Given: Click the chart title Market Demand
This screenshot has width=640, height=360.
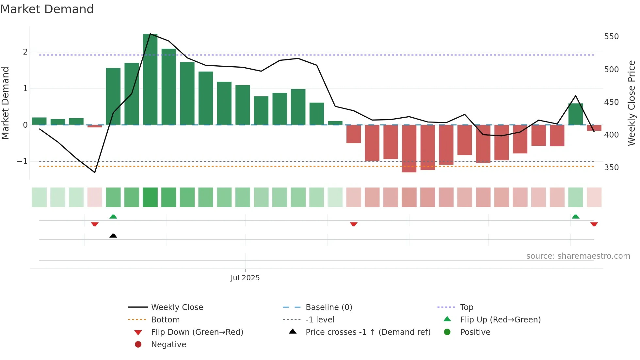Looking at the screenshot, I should click(47, 9).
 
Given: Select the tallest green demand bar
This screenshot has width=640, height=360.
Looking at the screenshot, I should click(150, 79).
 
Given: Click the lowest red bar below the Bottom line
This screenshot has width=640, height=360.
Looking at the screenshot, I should click(409, 149).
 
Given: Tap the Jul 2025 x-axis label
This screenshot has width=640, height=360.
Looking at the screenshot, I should click(245, 278).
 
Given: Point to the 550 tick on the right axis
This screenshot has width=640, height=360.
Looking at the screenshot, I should click(611, 37).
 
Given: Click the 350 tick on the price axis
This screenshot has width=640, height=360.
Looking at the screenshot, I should click(611, 168).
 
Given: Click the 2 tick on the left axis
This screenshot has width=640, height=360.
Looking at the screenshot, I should click(25, 52).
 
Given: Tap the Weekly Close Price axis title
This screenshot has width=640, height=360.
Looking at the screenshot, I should click(632, 103).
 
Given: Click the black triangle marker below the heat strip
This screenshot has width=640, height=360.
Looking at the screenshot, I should click(113, 236).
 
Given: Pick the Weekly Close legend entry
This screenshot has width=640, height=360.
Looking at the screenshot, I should click(177, 307).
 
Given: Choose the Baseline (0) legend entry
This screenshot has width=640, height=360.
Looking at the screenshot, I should click(328, 307).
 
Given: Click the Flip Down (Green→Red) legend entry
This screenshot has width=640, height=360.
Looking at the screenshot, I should click(197, 332).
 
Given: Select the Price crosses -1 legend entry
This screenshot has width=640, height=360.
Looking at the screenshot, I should click(368, 332).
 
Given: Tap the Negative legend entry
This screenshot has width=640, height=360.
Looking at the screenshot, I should click(168, 345).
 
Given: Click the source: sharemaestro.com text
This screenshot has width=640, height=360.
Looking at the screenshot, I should click(578, 256).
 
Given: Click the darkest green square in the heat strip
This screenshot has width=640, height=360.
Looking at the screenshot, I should click(150, 197).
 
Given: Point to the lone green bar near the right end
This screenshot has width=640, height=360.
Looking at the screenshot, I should click(575, 114).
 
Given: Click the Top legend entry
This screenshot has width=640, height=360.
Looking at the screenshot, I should click(466, 307).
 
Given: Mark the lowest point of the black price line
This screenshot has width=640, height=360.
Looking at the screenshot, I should click(95, 172).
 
